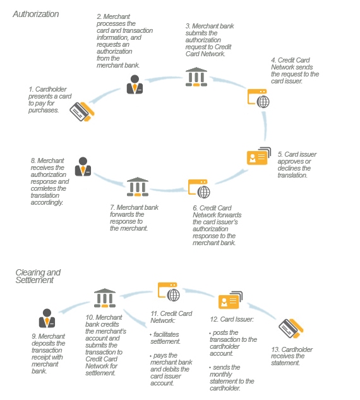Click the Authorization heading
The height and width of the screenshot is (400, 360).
[x=36, y=14]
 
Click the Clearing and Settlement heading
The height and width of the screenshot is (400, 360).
[x=38, y=276]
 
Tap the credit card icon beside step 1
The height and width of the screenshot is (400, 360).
[x=82, y=111]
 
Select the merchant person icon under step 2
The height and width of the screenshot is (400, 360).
[x=135, y=85]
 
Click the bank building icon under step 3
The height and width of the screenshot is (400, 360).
[x=196, y=77]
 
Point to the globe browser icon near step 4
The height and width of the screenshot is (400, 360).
[x=258, y=99]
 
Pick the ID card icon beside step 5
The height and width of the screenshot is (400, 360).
[x=259, y=156]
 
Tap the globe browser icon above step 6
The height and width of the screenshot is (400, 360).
[x=199, y=189]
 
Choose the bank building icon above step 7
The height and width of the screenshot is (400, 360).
[x=138, y=187]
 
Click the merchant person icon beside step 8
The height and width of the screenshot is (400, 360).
[x=83, y=167]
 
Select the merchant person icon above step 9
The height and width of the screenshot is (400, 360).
[x=47, y=318]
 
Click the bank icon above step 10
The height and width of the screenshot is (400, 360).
[x=105, y=298]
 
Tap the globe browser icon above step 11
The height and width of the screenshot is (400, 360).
[x=169, y=292]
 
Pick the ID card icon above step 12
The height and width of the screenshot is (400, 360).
[x=231, y=300]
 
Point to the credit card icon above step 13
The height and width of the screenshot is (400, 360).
[x=291, y=329]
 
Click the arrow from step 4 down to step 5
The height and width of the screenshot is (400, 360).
[x=265, y=126]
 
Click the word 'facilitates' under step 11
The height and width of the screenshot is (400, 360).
[x=166, y=334]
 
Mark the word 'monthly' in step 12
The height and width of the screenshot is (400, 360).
[x=221, y=375]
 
